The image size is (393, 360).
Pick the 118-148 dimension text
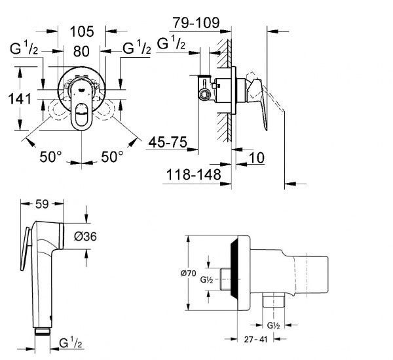tap(189, 174)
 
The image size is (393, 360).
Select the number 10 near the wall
tap(256, 157)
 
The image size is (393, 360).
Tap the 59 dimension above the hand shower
tap(41, 204)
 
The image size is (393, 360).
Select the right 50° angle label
tap(111, 157)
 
